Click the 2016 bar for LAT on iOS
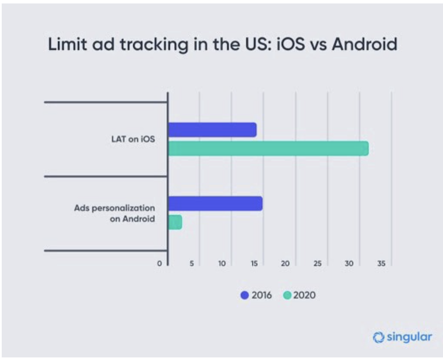[x=212, y=129]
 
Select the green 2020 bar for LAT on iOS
[x=268, y=148]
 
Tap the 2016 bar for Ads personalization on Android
[x=215, y=203]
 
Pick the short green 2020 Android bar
[x=174, y=222]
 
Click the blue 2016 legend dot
[x=245, y=296]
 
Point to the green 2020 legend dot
[x=287, y=296]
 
